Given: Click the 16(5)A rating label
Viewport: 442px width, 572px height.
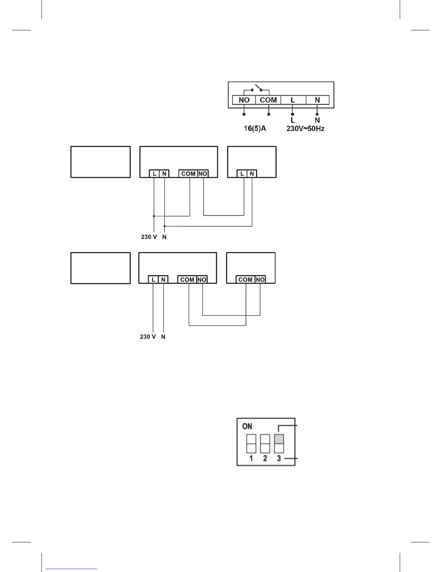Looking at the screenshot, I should click(255, 128).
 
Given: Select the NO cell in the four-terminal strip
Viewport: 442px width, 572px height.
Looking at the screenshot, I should click(244, 100).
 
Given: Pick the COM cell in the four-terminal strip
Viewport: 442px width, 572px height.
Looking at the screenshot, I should click(268, 100).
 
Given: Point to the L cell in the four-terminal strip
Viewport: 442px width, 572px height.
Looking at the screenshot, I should click(293, 100).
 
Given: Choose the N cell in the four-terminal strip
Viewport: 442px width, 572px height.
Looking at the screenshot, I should click(317, 100).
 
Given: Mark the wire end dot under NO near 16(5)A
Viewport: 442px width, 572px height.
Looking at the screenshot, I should click(244, 114).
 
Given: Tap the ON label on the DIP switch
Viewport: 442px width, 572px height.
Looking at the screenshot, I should click(247, 426).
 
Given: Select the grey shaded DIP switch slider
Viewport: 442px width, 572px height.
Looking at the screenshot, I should click(279, 439).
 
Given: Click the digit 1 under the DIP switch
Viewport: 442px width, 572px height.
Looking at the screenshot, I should click(251, 458).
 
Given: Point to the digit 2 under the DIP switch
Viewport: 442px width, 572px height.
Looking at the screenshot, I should click(265, 458).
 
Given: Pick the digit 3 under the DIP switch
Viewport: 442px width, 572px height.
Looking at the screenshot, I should click(279, 458).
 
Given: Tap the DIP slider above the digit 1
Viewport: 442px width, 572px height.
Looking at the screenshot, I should click(251, 443).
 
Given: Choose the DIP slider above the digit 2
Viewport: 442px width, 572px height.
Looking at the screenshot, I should click(265, 443).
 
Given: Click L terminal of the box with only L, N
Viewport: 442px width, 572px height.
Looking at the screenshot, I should click(242, 174).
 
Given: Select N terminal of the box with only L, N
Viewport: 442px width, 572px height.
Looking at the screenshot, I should click(252, 174).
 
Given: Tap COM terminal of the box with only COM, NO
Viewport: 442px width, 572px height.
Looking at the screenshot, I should click(246, 279).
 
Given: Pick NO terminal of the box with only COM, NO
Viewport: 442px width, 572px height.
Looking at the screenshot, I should click(260, 279).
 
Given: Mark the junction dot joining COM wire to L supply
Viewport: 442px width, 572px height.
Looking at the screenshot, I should click(154, 216).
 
